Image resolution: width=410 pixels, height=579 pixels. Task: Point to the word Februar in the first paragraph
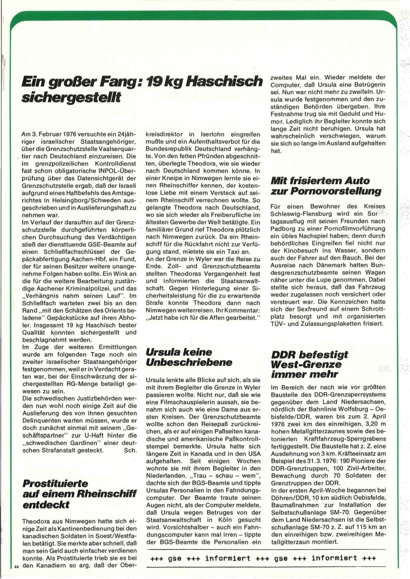(x=57, y=134)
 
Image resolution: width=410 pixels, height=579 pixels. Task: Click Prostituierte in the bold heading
(x=56, y=483)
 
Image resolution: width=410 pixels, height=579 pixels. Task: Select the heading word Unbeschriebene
(x=184, y=362)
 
